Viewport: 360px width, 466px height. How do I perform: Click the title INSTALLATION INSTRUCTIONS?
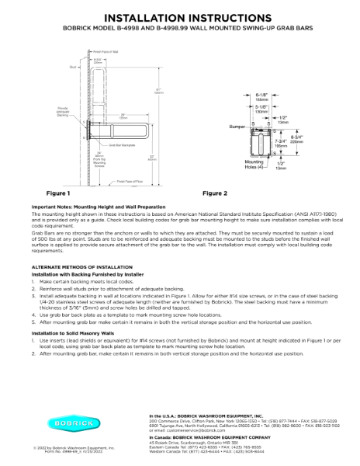click(x=180, y=16)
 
